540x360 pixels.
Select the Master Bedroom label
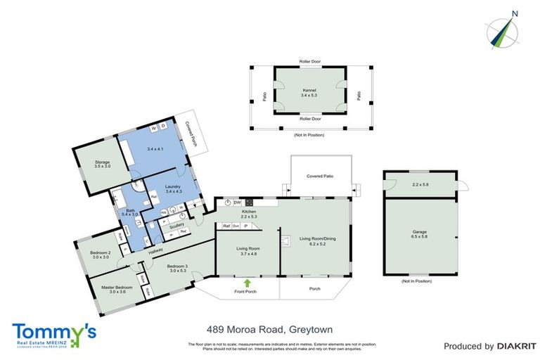(x=102, y=287)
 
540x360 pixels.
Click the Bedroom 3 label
(x=177, y=266)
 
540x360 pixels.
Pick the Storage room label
(x=103, y=162)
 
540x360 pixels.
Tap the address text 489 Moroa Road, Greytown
(x=269, y=329)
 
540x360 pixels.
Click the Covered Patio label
(x=320, y=176)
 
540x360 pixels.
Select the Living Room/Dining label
(x=317, y=239)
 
